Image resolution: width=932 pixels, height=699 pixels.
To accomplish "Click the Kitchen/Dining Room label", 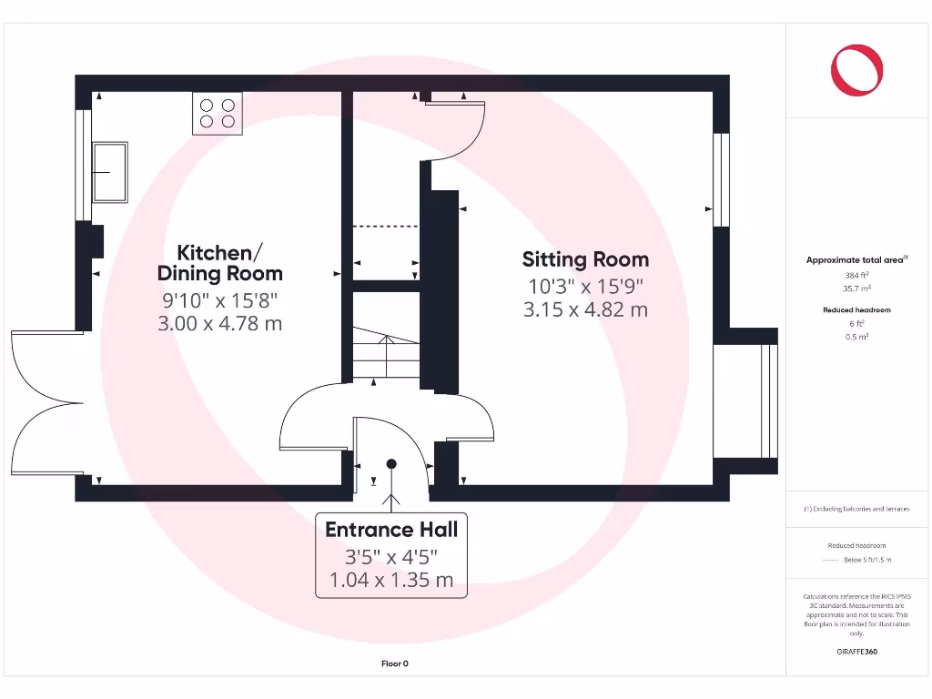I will coord(219,262).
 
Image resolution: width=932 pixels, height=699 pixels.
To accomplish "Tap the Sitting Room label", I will coord(585,259).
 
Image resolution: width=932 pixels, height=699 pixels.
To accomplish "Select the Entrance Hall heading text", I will coord(391,530).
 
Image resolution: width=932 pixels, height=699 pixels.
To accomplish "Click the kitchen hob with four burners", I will coord(218,114).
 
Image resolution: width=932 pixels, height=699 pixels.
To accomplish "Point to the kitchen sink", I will coord(111,171).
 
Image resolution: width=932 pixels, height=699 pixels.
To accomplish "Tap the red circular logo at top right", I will coord(856,70).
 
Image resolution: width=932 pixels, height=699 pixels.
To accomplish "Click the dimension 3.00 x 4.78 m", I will coord(221,322).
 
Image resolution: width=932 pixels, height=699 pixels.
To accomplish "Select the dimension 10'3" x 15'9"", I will coord(585,286).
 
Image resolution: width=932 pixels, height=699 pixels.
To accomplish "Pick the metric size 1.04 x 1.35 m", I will coord(391,580).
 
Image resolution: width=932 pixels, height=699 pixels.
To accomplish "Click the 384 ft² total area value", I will coord(856,274).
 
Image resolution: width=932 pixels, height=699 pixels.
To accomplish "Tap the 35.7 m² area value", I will coord(856,288).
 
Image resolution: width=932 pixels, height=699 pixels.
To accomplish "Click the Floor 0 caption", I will coord(394,664).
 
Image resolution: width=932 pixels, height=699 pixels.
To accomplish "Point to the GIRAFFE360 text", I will coord(856,652).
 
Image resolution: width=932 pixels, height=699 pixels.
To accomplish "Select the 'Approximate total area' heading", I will coord(856,260).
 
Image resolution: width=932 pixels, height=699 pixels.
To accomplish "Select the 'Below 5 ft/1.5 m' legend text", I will coord(867,560).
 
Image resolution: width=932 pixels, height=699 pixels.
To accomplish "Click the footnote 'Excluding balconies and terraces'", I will coord(856,509).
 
